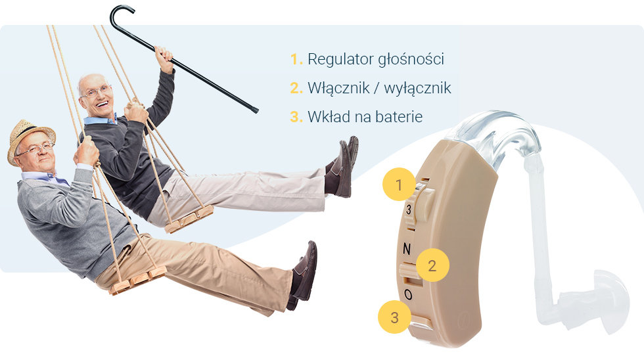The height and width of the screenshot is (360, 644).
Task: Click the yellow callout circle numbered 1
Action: (399, 185)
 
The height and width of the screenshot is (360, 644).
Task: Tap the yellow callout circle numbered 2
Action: (432, 265)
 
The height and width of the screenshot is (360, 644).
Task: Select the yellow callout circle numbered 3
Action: (395, 317)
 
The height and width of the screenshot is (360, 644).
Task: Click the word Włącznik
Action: (338, 88)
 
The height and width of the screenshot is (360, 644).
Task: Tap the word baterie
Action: (399, 116)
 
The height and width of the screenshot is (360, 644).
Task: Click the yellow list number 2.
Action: (296, 88)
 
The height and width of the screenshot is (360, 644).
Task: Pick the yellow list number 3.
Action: (296, 116)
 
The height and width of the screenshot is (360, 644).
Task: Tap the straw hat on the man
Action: (30, 139)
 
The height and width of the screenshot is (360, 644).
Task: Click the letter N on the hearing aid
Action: (407, 248)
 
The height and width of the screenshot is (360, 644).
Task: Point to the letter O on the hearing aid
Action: (408, 294)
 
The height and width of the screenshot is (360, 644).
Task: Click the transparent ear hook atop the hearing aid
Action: (499, 135)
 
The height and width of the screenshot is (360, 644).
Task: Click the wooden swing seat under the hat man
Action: (138, 281)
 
